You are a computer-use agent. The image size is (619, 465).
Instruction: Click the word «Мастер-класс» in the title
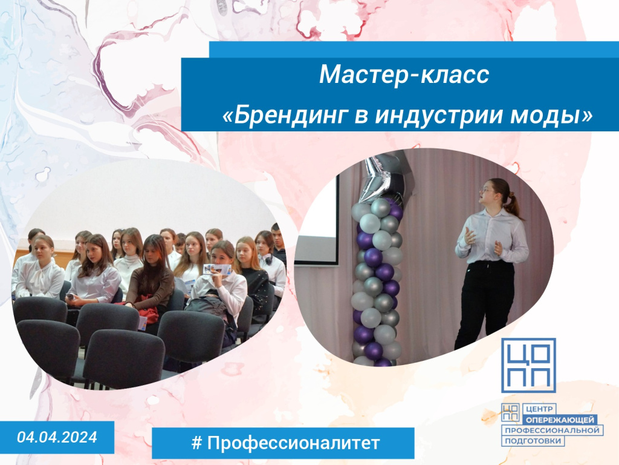coord(404,74)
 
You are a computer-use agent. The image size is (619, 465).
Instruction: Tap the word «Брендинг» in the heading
coord(285,115)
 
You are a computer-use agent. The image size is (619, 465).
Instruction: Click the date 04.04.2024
coord(57,437)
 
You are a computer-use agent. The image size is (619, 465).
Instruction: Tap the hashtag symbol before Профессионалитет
coord(196,443)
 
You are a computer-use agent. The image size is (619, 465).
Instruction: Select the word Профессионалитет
coord(293,443)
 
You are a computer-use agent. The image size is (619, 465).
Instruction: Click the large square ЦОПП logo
coord(528,365)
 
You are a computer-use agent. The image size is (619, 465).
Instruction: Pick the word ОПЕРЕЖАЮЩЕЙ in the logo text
coord(560,420)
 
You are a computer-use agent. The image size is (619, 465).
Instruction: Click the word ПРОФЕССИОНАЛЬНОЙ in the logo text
coord(553,430)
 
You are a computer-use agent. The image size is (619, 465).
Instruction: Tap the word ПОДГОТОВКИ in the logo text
coord(533,441)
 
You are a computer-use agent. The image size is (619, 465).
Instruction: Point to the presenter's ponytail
coord(514,206)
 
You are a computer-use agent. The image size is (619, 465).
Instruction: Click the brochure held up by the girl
coord(217,269)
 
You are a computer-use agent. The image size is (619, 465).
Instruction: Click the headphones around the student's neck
coord(269,259)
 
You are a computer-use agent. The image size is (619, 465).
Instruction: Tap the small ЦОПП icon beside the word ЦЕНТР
coord(510,412)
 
